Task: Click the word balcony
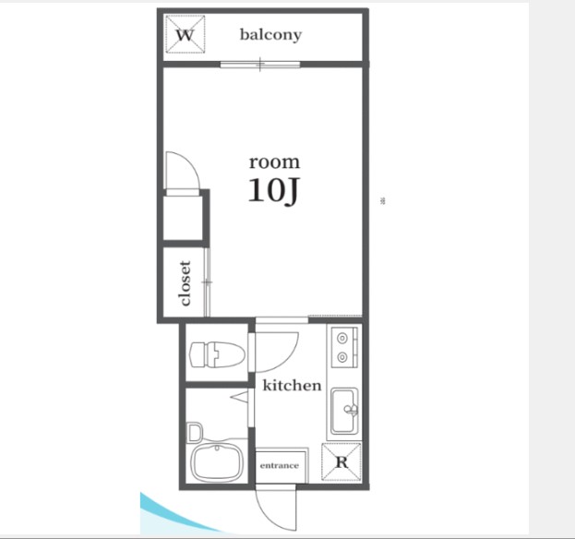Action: [270, 35]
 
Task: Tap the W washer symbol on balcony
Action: [185, 34]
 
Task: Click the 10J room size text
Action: [273, 191]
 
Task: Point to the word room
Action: [274, 162]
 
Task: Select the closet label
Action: [186, 283]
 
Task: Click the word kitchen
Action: [292, 386]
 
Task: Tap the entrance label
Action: [280, 466]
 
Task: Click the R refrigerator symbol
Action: [341, 462]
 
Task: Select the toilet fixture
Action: [217, 354]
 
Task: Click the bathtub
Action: [216, 463]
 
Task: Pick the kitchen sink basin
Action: [344, 411]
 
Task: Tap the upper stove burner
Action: [342, 338]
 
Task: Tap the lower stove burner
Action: [342, 356]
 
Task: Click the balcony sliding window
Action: [260, 65]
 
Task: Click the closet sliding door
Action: [207, 282]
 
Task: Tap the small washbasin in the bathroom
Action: [195, 433]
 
